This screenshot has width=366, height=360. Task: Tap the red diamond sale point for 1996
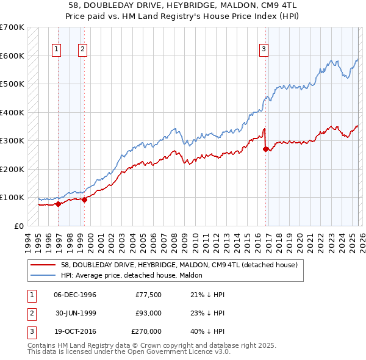pyautogui.click(x=58, y=204)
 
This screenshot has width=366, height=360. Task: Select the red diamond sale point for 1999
pyautogui.click(x=85, y=200)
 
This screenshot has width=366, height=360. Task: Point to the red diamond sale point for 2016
pyautogui.click(x=266, y=148)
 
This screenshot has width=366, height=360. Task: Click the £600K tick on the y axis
pyautogui.click(x=12, y=56)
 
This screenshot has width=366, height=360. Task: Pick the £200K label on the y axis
pyautogui.click(x=12, y=169)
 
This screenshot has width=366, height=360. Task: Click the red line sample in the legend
pyautogui.click(x=44, y=265)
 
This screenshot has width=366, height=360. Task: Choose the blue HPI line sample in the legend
pyautogui.click(x=44, y=276)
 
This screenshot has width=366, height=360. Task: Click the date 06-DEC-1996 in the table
pyautogui.click(x=75, y=295)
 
